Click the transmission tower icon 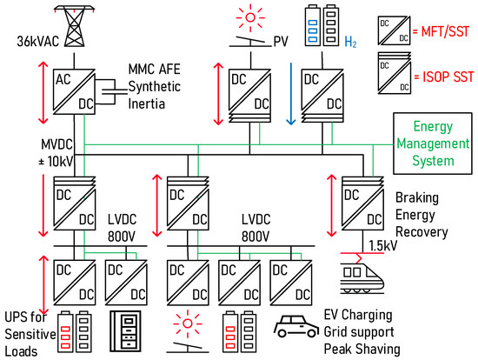73,19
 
